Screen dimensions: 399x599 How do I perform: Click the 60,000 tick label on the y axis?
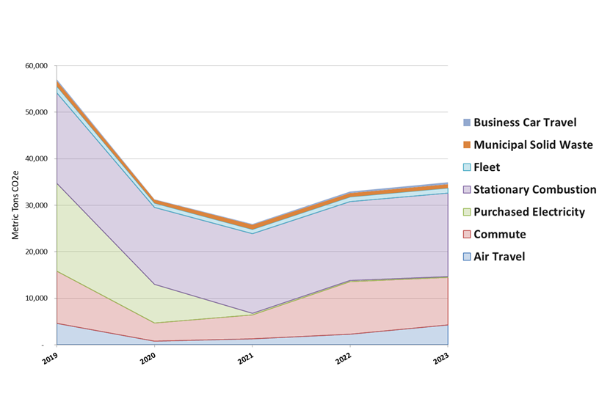pyautogui.click(x=35, y=66)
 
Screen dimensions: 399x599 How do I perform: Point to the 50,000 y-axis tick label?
pyautogui.click(x=35, y=112)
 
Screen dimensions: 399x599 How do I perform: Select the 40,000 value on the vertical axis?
pyautogui.click(x=35, y=159)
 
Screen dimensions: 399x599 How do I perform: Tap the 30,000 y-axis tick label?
pyautogui.click(x=35, y=205)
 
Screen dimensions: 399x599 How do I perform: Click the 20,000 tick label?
pyautogui.click(x=35, y=252)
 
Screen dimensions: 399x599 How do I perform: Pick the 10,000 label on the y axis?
pyautogui.click(x=35, y=299)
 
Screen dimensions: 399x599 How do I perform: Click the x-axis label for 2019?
pyautogui.click(x=49, y=359)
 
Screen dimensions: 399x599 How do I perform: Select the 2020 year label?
pyautogui.click(x=148, y=359)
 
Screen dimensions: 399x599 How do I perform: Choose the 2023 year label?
pyautogui.click(x=440, y=359)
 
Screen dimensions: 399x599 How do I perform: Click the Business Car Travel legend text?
pyautogui.click(x=525, y=122)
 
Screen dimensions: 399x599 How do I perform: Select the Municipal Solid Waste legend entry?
pyautogui.click(x=533, y=144)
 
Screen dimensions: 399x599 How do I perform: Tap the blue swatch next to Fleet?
pyautogui.click(x=466, y=167)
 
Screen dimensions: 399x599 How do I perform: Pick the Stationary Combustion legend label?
pyautogui.click(x=534, y=189)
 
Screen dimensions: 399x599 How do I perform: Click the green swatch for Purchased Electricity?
pyautogui.click(x=466, y=212)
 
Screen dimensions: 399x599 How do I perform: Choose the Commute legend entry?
pyautogui.click(x=500, y=234)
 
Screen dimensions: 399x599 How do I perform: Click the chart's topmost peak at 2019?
pyautogui.click(x=57, y=80)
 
